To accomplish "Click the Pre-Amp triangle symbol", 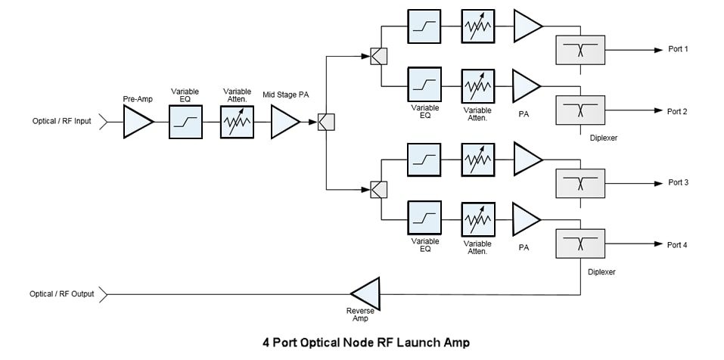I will (x=137, y=122).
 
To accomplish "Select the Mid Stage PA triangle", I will (x=284, y=122).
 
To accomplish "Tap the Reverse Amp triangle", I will (x=365, y=293).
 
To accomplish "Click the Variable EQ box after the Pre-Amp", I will (x=185, y=122).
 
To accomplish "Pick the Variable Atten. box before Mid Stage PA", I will (x=237, y=122).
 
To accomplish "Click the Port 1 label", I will (x=677, y=50).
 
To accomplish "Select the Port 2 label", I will (x=677, y=111).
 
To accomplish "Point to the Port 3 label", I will (x=677, y=183).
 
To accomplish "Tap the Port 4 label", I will (x=677, y=244).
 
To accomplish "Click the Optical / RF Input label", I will (x=61, y=122).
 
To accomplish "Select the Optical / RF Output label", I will (x=63, y=293).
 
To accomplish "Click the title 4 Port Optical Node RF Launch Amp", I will (x=365, y=343).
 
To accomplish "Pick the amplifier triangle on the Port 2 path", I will (x=527, y=84).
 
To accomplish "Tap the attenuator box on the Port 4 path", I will (x=476, y=219).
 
